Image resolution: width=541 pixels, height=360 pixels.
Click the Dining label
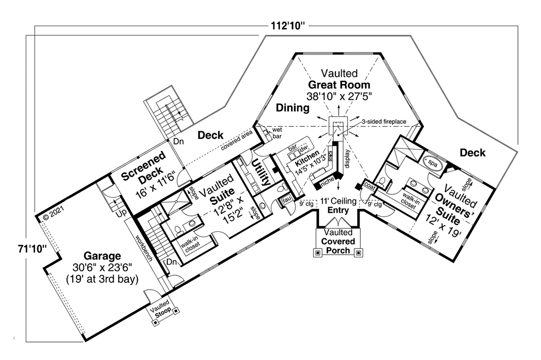[293, 108]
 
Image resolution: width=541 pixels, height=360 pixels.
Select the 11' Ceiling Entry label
[338, 205]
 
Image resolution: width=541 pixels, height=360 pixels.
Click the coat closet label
[369, 186]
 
